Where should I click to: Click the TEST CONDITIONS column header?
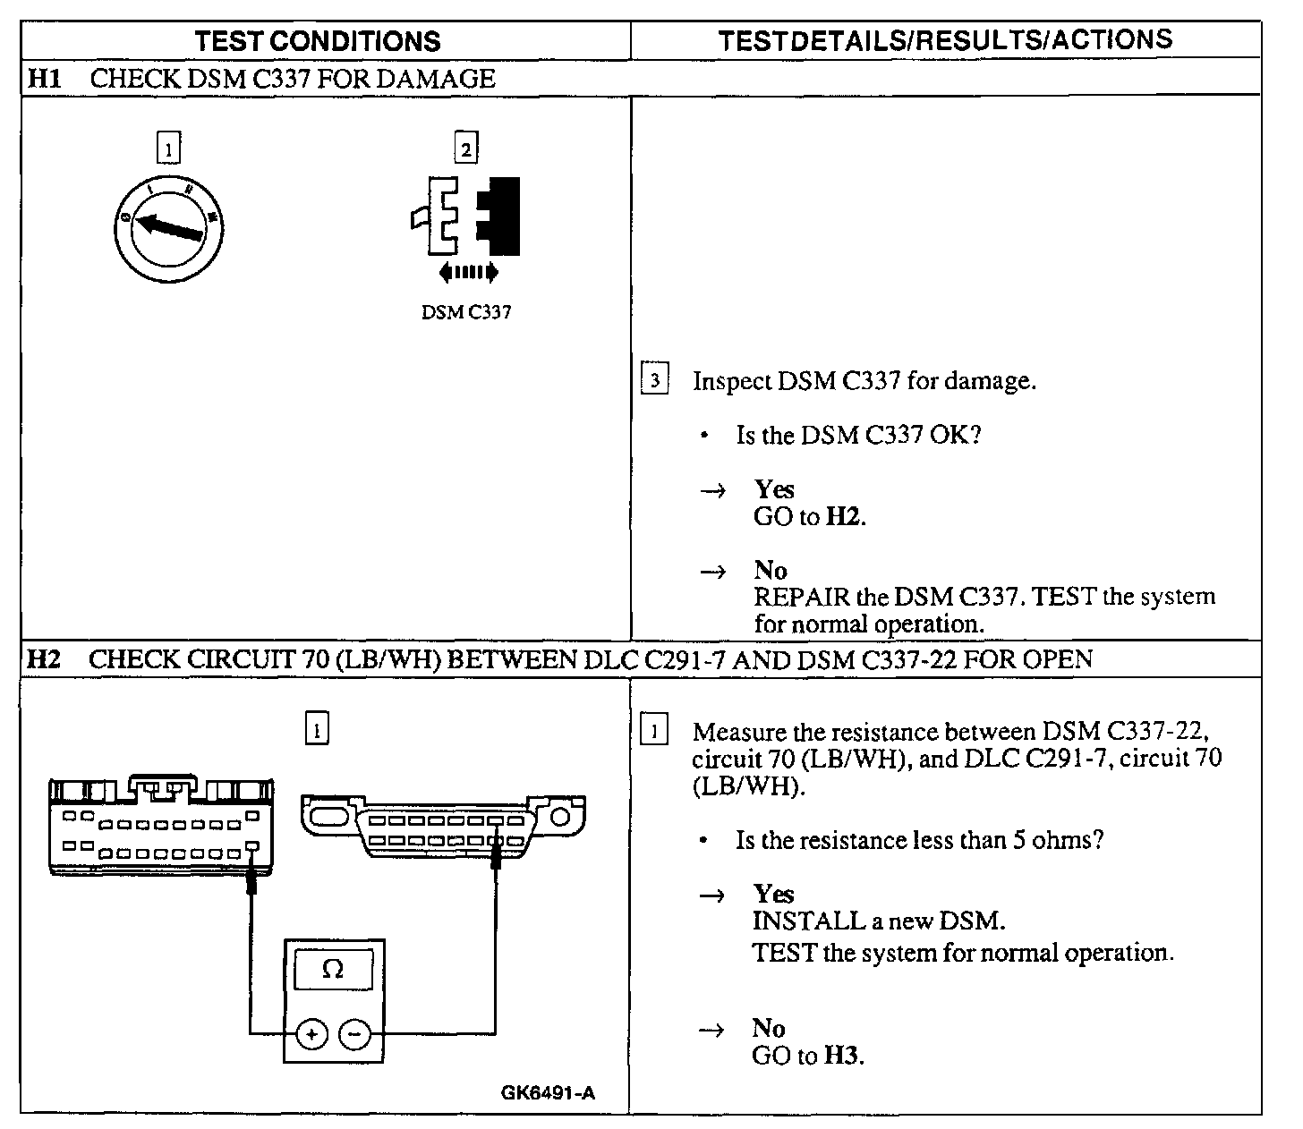[318, 41]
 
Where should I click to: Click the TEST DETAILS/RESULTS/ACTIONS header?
[945, 39]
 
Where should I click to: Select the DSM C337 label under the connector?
[466, 312]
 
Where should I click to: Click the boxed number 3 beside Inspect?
[655, 380]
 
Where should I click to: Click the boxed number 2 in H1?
[465, 149]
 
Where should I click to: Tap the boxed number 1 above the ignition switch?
[168, 149]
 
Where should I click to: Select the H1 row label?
[44, 79]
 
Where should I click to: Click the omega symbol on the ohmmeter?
[333, 969]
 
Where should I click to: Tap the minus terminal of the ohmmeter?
[355, 1034]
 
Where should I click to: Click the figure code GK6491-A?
[548, 1092]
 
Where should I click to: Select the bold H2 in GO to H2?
[843, 517]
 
